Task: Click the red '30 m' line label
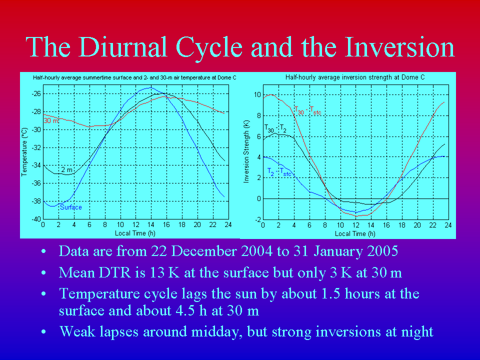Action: tap(51, 120)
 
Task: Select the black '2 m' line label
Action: tap(66, 169)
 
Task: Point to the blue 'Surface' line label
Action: tap(70, 207)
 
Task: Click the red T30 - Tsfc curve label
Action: tap(307, 110)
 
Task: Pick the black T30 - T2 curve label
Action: tap(275, 128)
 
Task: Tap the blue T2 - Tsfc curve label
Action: tap(279, 171)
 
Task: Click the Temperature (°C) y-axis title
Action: tap(24, 152)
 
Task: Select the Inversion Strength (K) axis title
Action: tap(246, 151)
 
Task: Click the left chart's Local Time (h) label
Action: tap(135, 233)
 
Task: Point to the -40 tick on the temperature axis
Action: tap(36, 219)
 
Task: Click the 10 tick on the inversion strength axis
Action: tap(257, 95)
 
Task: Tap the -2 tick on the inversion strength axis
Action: tap(258, 219)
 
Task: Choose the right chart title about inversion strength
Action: tap(355, 77)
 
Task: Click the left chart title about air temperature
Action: tap(134, 78)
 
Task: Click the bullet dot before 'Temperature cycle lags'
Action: tap(43, 294)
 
